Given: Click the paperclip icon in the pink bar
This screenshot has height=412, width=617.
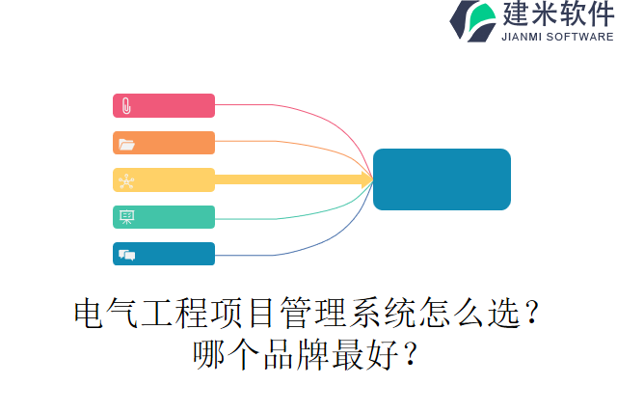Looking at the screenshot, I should coord(126,106).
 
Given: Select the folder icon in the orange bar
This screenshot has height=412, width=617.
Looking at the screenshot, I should coord(126,144).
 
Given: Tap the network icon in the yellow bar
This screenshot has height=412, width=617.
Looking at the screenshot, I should coord(126,180).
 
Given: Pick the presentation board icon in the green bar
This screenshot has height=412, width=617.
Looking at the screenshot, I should coord(126,217).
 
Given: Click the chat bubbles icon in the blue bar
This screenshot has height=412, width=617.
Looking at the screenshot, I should coord(126,255).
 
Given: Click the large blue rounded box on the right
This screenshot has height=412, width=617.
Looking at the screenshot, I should coord(442,179).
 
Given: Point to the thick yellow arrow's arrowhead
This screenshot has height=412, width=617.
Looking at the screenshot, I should coord(367,179).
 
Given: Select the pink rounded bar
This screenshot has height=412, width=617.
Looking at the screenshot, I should coord(164,106).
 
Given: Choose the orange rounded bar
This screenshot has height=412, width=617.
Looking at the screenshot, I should coord(164,143).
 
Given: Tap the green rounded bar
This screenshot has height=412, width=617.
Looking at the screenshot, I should coord(164,217).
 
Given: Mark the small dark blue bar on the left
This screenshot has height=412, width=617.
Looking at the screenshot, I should coord(164,254).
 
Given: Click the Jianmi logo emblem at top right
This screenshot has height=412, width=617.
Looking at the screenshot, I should coord(473,21).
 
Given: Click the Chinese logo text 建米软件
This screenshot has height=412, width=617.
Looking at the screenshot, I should coord(556,14).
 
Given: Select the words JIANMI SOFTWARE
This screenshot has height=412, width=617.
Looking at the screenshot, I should coord(556,37).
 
